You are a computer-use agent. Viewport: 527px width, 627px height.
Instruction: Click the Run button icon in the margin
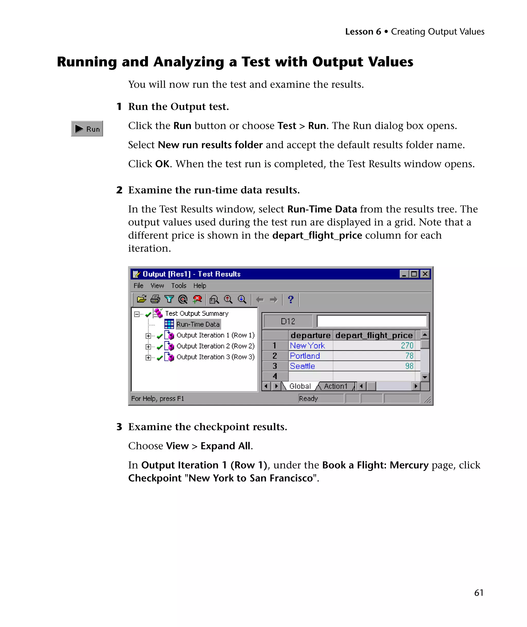point(87,129)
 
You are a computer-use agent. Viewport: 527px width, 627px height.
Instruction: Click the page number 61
point(479,592)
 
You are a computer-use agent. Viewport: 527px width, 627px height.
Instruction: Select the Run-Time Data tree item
point(198,324)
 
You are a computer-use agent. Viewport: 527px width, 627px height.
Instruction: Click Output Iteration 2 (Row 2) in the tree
point(215,346)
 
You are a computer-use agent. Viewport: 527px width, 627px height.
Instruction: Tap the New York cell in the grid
point(308,345)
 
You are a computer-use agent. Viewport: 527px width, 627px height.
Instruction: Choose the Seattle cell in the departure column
point(303,366)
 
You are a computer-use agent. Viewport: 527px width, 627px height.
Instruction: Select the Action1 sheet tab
point(336,386)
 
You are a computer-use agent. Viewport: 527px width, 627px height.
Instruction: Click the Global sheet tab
point(300,386)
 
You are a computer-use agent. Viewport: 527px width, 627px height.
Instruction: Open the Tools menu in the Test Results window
point(179,286)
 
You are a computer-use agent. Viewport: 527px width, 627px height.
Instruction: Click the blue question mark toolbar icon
point(290,299)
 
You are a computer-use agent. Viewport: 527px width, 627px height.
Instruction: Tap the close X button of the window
point(425,274)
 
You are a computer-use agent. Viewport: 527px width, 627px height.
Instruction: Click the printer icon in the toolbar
point(155,299)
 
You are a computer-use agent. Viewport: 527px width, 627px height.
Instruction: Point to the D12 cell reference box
point(288,321)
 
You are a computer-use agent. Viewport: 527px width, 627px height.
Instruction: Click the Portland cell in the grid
point(305,356)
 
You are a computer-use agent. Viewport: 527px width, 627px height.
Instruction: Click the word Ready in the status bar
point(308,399)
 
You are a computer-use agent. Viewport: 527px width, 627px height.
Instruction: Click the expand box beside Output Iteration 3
point(148,357)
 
